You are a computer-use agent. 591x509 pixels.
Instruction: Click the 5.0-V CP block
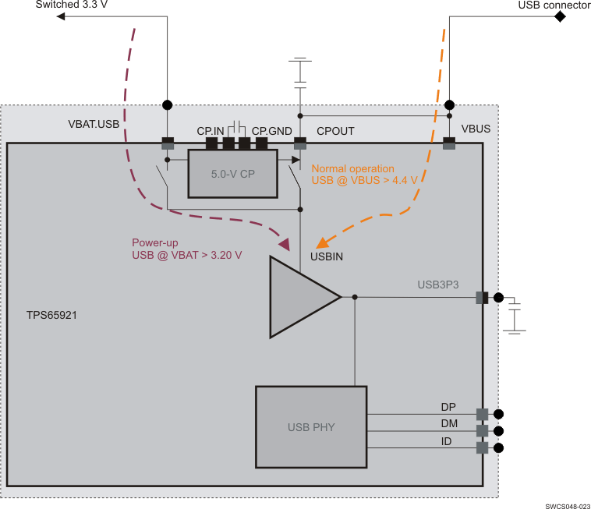tap(233, 174)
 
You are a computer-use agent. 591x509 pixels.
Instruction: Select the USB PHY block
tap(310, 426)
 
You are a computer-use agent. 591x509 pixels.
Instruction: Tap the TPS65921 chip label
tap(51, 316)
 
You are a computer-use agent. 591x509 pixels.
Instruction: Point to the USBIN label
tap(329, 256)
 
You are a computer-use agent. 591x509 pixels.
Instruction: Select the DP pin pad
tap(482, 415)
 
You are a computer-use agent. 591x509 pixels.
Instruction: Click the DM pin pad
tap(482, 431)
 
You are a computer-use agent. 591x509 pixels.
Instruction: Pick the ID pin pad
tap(482, 447)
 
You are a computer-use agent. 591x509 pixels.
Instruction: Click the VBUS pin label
tap(476, 129)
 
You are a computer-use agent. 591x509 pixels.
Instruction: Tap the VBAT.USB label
tap(94, 124)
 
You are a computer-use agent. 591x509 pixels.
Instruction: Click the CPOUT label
tap(335, 131)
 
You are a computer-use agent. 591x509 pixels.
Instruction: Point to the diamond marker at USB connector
tap(559, 16)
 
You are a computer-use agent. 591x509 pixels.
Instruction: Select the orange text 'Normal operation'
tap(352, 168)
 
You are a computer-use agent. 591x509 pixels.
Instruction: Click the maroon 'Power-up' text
tap(155, 242)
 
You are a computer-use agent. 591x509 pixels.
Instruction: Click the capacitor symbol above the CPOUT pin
tap(299, 72)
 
